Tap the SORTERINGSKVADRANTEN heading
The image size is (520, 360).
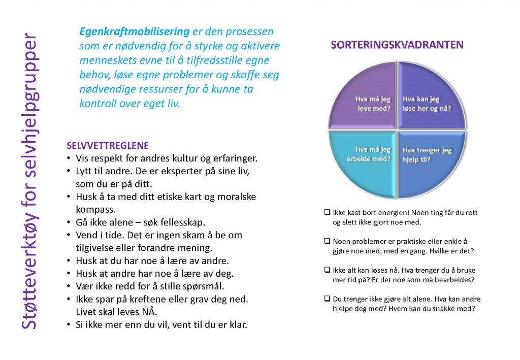pos(397,45)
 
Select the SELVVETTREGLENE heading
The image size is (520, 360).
pos(108,146)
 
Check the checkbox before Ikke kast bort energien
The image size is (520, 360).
pos(328,212)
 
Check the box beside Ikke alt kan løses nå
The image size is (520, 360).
pos(328,270)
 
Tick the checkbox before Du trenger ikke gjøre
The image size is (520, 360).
pos(328,299)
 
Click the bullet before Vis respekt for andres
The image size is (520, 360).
pos(69,158)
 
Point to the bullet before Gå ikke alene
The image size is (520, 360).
pos(69,222)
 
